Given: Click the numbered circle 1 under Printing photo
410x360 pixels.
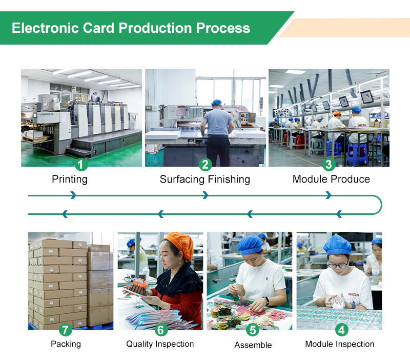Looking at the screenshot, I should point(81,165).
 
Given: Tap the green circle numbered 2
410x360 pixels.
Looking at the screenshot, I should point(205,165).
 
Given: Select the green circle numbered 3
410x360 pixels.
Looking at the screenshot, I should point(329,165).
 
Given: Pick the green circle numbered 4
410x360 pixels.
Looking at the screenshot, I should point(340,330).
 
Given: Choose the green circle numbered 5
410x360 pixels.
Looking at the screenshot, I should point(253,330).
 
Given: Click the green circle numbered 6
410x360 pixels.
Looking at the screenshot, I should point(160,330).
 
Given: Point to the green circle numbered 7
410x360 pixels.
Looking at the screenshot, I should point(65,330).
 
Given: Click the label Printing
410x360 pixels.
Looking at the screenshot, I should point(70,179).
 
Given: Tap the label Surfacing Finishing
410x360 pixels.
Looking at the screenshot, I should point(204,179).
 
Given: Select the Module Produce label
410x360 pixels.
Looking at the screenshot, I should point(331,179).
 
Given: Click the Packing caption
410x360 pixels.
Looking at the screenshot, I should point(66,344).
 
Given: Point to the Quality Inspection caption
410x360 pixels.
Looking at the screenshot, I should point(160,344).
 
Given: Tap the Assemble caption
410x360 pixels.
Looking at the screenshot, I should point(253,345).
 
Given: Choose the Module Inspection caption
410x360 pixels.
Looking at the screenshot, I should point(340,344).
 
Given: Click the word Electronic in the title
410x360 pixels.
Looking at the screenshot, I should point(42,28).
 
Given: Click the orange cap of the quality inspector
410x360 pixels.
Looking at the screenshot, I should point(179,243).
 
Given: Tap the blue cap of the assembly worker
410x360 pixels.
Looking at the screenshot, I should point(250,244).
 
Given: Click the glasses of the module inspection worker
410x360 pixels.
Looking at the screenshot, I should point(337,265).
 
